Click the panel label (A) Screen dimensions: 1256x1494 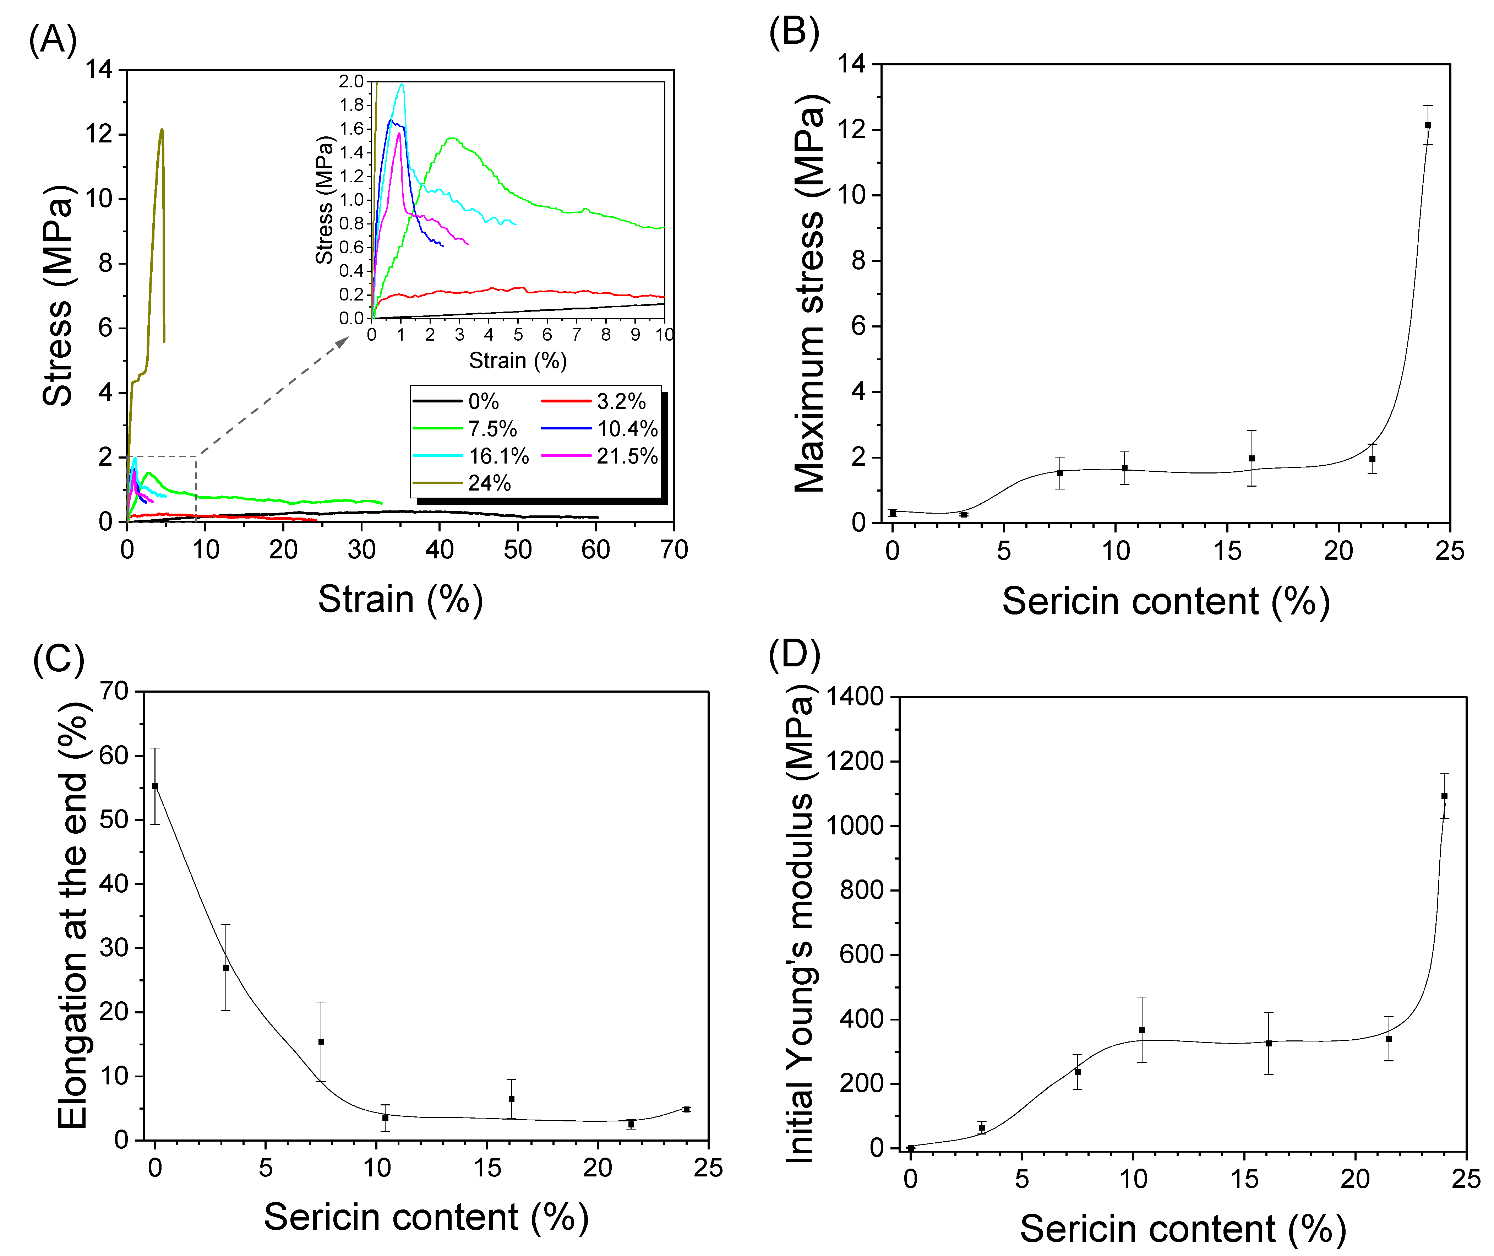(x=53, y=40)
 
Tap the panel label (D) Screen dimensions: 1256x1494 (x=794, y=653)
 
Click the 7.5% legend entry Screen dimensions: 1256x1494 (x=465, y=429)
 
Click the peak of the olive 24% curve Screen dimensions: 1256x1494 (x=162, y=130)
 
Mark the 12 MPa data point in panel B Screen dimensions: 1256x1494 (x=1428, y=125)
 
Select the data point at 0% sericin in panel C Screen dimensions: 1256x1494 (x=155, y=786)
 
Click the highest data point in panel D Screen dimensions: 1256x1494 (x=1444, y=796)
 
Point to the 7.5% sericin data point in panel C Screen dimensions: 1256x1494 (x=321, y=1042)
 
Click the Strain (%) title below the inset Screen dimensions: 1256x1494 (x=517, y=361)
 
